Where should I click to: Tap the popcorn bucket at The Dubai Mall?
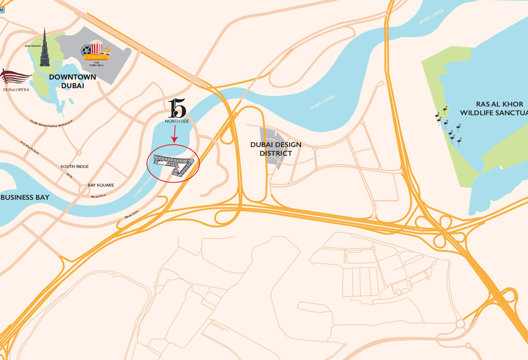96,47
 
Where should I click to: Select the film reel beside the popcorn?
86,51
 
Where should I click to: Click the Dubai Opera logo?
16,80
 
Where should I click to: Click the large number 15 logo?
177,108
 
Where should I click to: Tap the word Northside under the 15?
177,121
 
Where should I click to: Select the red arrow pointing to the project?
175,134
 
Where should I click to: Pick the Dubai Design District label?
276,149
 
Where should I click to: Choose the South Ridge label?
75,166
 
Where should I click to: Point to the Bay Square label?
101,185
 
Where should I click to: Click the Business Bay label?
25,197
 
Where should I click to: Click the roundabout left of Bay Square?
83,190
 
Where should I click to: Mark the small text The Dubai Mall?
96,64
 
